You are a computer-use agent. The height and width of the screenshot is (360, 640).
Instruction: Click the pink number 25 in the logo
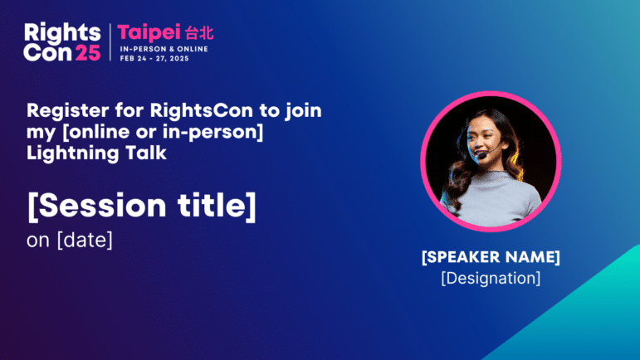pyautogui.click(x=88, y=52)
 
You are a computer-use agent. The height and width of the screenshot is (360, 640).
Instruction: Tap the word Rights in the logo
pyautogui.click(x=62, y=33)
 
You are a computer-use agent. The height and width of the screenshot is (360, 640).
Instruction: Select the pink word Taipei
pyautogui.click(x=149, y=32)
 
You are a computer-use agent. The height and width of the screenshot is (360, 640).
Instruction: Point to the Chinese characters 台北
pyautogui.click(x=199, y=33)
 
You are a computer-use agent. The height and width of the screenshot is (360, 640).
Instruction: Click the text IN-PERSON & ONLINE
pyautogui.click(x=164, y=49)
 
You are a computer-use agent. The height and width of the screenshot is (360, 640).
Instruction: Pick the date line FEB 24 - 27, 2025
pyautogui.click(x=154, y=58)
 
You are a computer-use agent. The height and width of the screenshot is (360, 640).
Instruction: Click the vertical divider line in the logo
pyautogui.click(x=110, y=42)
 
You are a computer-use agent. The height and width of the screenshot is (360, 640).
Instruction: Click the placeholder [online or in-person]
pyautogui.click(x=162, y=132)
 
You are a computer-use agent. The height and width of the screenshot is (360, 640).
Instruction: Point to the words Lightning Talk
pyautogui.click(x=97, y=153)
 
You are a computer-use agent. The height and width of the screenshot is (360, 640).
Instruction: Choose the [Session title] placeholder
pyautogui.click(x=142, y=206)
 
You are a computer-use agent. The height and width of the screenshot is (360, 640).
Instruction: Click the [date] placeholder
pyautogui.click(x=85, y=240)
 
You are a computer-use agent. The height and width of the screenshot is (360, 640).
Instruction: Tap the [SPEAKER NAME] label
pyautogui.click(x=491, y=257)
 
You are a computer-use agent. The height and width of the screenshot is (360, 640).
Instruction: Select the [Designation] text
pyautogui.click(x=491, y=278)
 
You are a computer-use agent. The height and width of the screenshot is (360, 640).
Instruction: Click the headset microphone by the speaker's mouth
pyautogui.click(x=483, y=155)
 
